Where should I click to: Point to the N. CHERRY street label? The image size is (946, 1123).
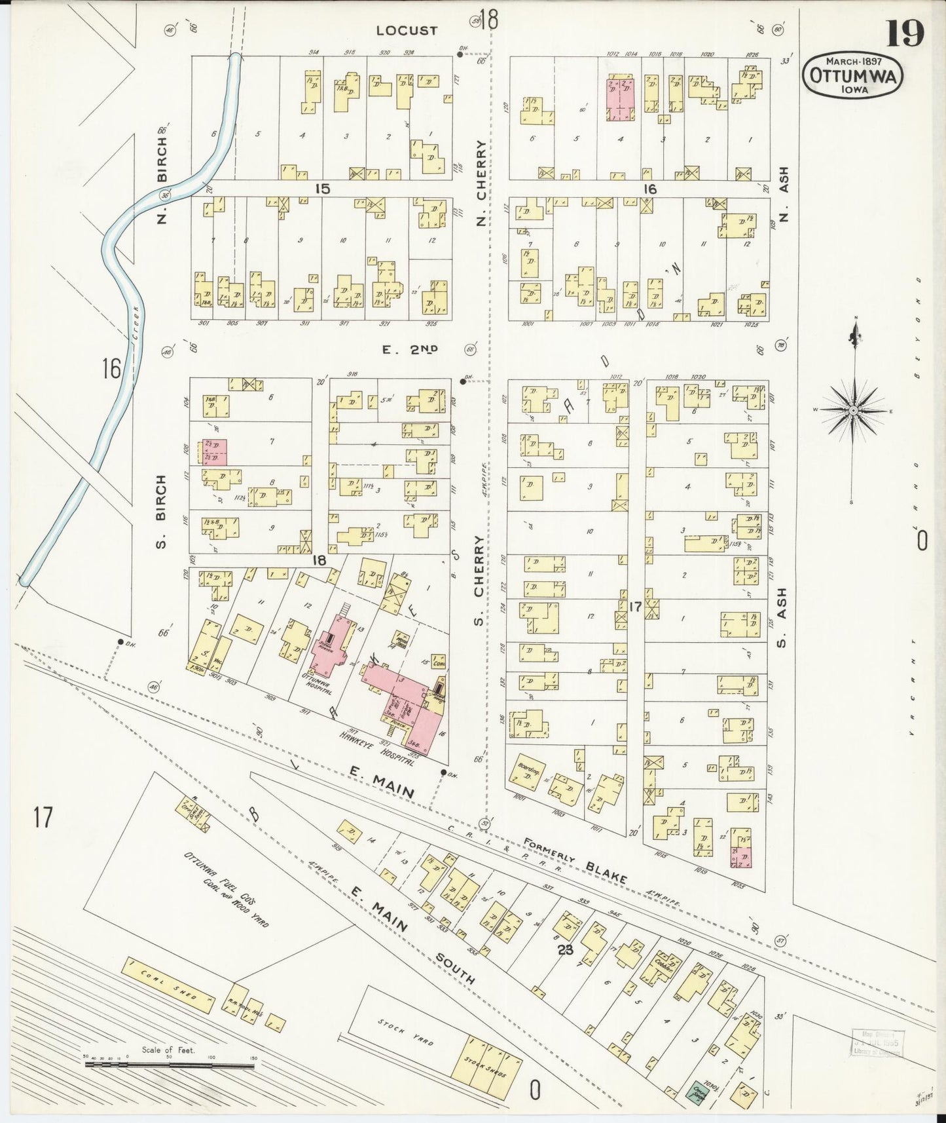[482, 183]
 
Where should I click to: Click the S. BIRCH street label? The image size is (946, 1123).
[162, 511]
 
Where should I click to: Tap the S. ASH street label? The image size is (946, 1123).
[781, 615]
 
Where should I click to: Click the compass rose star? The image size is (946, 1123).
[853, 411]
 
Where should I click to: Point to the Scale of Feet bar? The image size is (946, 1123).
[169, 1066]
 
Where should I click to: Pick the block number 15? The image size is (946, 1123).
[321, 189]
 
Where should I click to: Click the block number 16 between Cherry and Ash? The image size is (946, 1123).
[649, 189]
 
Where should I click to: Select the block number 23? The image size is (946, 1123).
[565, 948]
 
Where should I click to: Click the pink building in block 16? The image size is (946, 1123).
[620, 99]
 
